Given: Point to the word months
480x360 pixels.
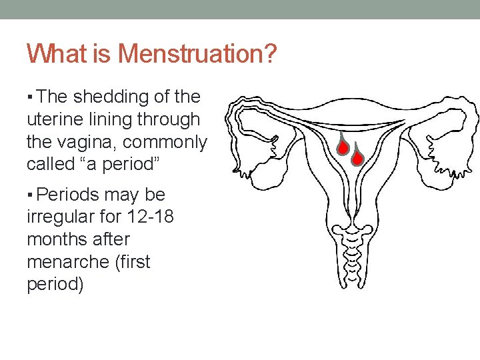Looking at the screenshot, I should click(58, 239).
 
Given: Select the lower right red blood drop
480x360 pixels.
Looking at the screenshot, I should click(357, 157).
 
